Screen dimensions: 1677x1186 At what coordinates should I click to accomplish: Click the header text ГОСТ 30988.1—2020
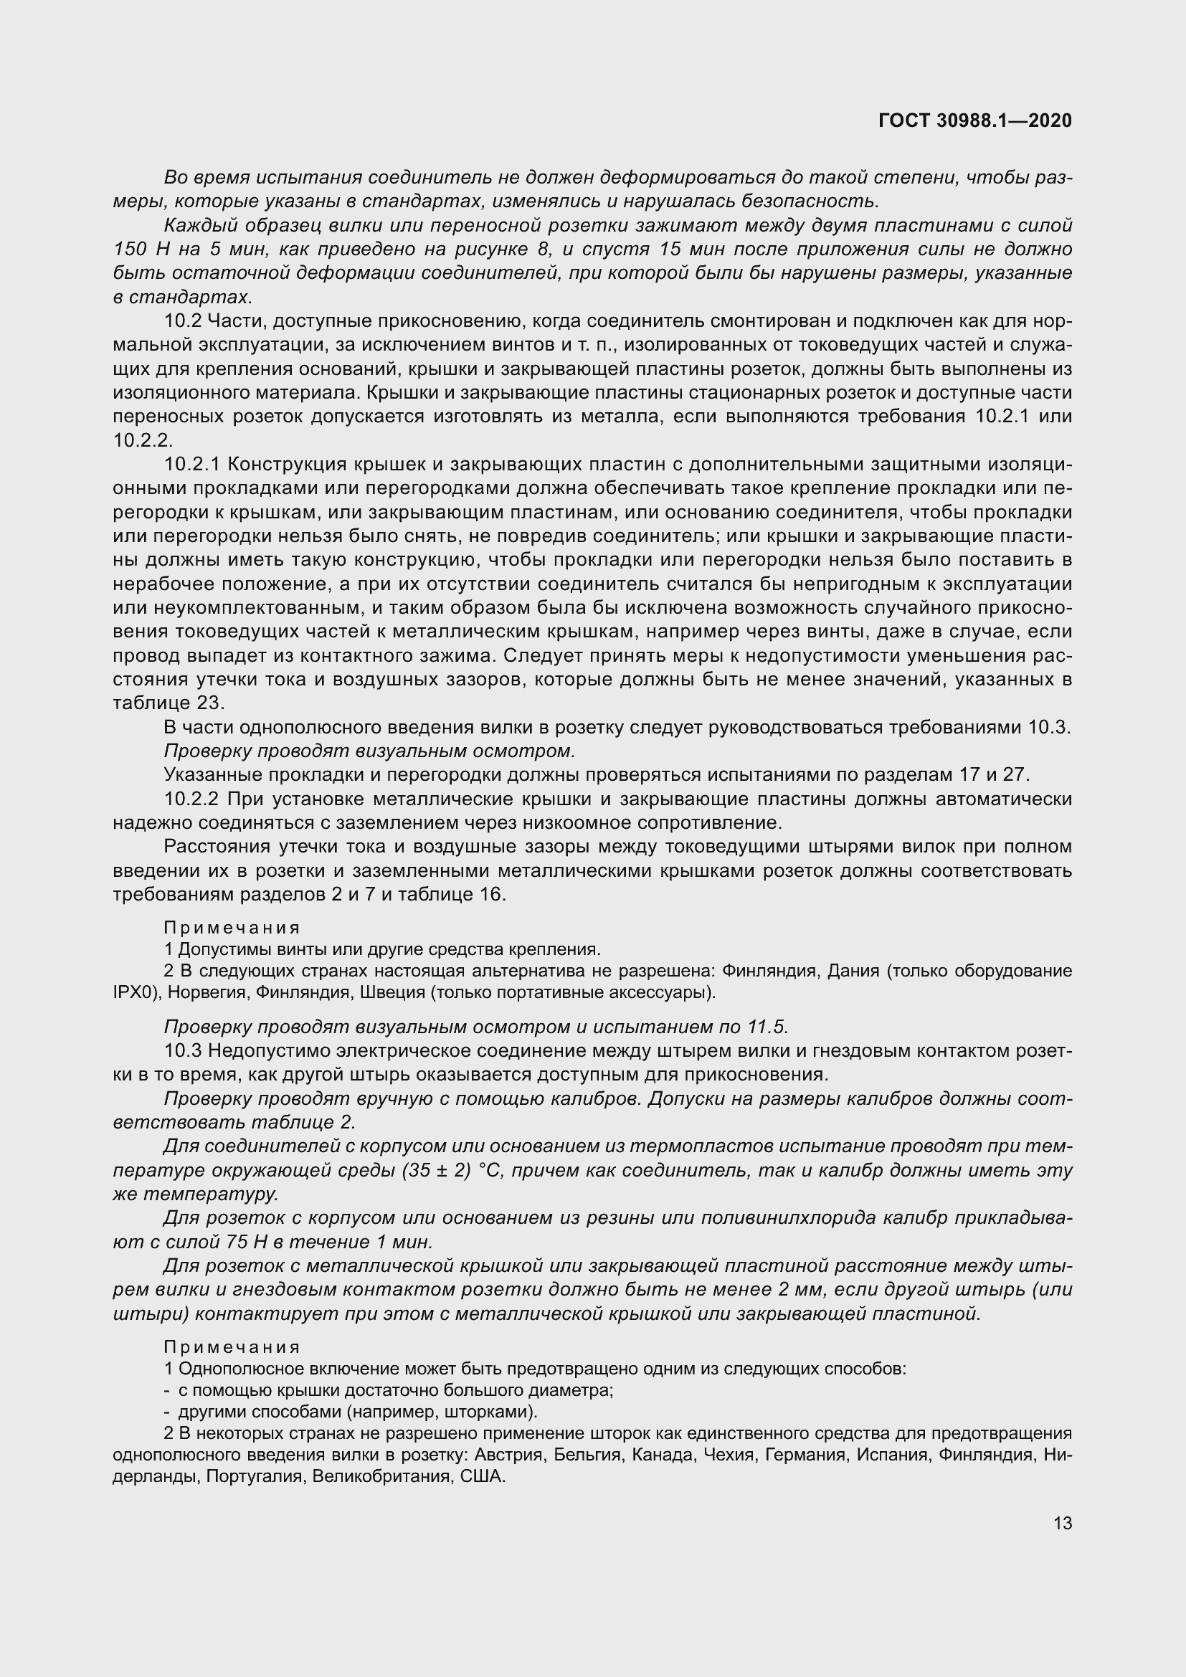coord(975,120)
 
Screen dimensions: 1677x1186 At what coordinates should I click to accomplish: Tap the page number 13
coord(1063,1524)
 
